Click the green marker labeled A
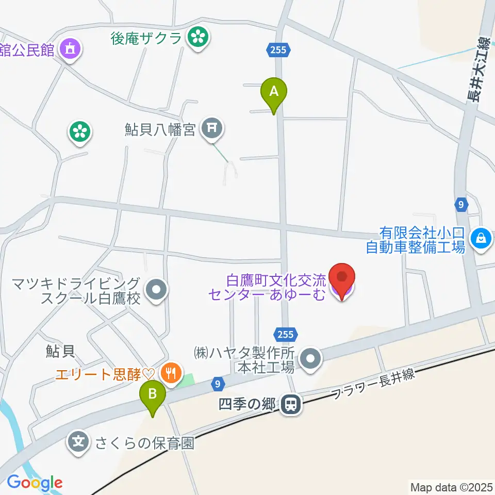(274, 93)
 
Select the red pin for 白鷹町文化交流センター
(342, 278)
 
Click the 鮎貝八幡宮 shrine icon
(211, 128)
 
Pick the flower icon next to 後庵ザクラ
(197, 37)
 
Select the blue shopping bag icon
(481, 238)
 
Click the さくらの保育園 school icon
(78, 442)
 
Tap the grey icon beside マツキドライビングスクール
(156, 290)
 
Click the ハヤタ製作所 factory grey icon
(310, 359)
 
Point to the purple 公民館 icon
(70, 50)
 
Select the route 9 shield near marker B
(218, 384)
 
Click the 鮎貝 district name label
(60, 351)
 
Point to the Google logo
(35, 483)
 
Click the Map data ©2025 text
(451, 487)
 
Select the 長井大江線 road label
(478, 70)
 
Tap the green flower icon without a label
(80, 132)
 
